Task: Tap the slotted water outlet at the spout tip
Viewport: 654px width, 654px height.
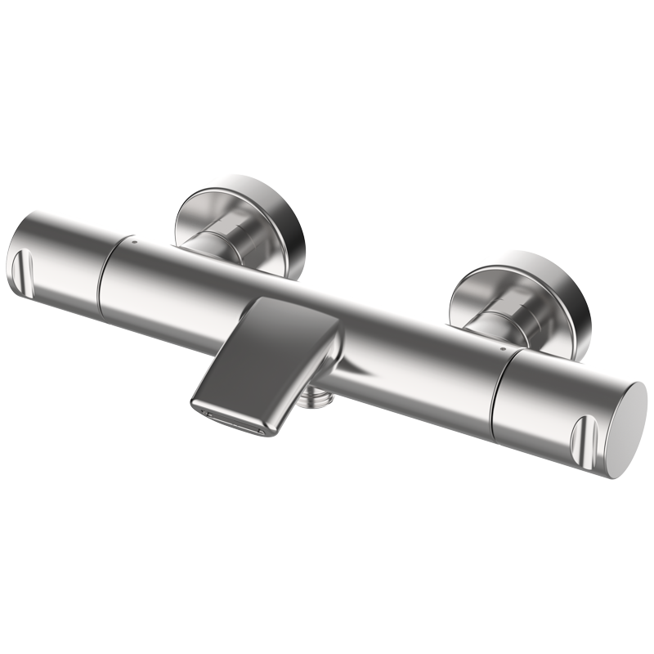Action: pos(237,419)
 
